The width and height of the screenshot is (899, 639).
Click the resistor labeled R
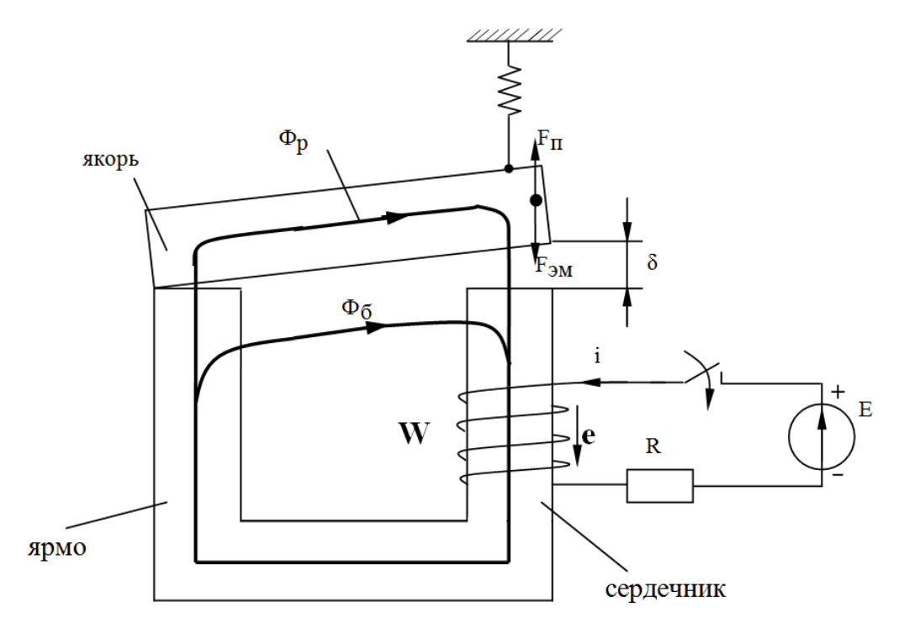coord(660,485)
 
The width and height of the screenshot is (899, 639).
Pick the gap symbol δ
coord(653,262)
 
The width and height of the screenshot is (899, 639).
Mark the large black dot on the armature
coord(534,201)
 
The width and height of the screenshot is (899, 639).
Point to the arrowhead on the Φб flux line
coord(378,325)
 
